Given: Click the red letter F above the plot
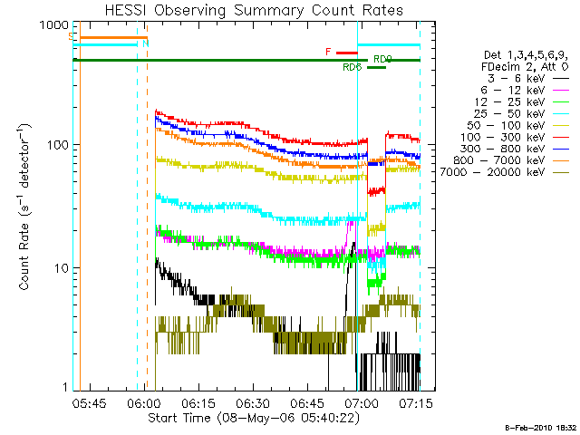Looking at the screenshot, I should point(328,53).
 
